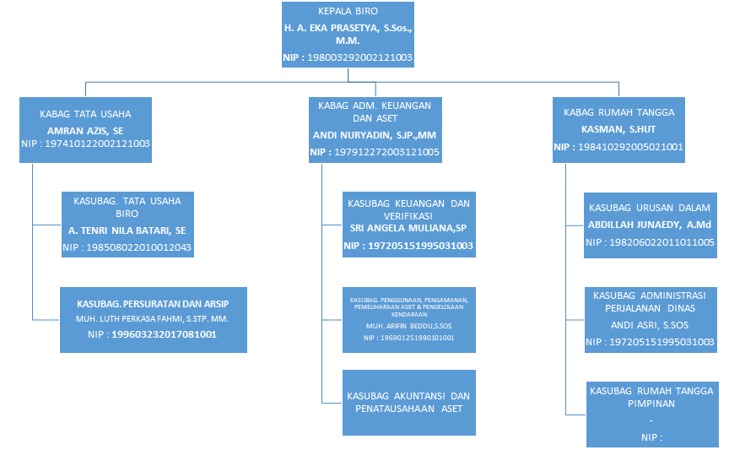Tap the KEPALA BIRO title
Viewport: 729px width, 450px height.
348,13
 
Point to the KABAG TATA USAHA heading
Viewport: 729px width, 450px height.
85,113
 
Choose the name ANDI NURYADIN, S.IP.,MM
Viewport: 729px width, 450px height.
374,135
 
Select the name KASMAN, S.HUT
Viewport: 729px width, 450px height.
618,129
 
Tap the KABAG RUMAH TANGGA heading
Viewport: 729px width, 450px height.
618,112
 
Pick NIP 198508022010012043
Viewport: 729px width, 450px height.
127,247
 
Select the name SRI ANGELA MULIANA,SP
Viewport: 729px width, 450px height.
408,229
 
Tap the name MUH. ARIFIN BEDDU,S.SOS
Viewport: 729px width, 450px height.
408,325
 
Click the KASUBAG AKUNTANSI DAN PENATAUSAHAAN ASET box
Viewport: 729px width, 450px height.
408,402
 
